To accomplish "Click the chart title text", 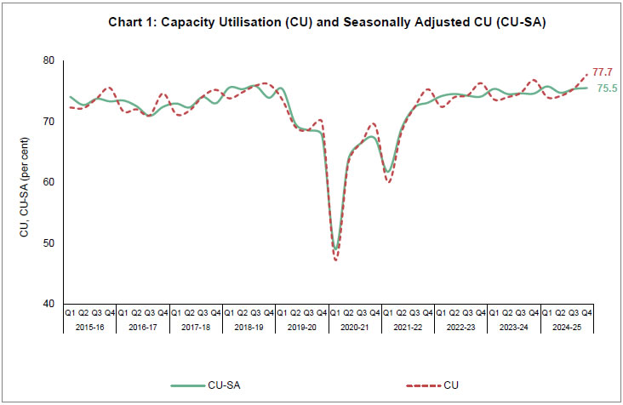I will click(327, 23).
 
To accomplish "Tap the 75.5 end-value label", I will click(607, 88).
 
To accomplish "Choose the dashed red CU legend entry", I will click(429, 385).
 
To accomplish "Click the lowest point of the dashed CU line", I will click(336, 260).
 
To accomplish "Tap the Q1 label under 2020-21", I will click(335, 313).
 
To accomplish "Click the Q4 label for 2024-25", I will click(586, 313).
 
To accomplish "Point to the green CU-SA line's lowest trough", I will click(336, 248).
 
